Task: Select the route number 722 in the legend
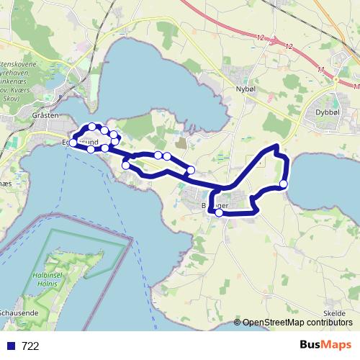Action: pos(30,346)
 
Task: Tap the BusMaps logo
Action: pos(325,345)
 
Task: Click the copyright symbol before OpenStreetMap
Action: pos(238,323)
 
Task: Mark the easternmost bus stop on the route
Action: pos(284,184)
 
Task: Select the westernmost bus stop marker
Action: pos(73,143)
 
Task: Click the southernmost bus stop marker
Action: pos(219,212)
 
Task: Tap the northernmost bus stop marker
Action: pos(92,127)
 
